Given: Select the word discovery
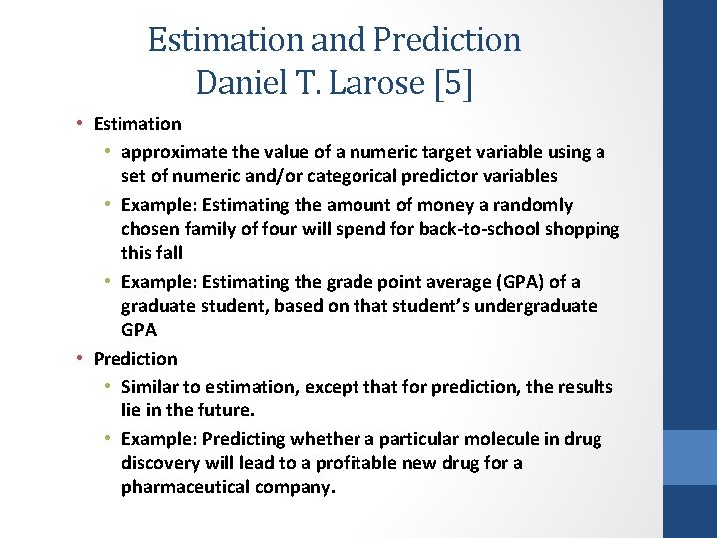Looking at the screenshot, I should pos(161,463).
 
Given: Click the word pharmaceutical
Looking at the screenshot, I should pos(182,487).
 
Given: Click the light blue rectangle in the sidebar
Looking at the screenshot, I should pos(689,457).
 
